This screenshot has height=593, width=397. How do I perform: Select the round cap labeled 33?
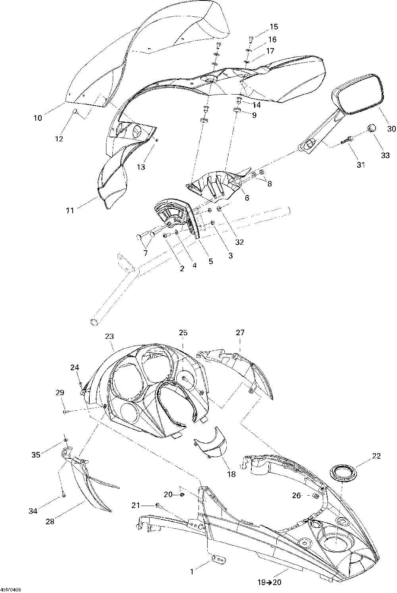pyautogui.click(x=372, y=128)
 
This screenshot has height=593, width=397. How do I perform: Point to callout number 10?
pyautogui.click(x=38, y=118)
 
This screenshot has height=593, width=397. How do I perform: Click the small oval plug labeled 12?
pyautogui.click(x=75, y=112)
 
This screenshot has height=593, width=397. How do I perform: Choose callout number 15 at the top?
pyautogui.click(x=274, y=27)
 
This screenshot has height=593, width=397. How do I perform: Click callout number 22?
pyautogui.click(x=376, y=456)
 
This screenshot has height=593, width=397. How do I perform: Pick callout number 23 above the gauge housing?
pyautogui.click(x=110, y=336)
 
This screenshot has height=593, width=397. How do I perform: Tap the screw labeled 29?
pyautogui.click(x=66, y=412)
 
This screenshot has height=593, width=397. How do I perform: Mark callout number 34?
pyautogui.click(x=33, y=511)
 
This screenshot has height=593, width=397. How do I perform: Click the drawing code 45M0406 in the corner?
pyautogui.click(x=11, y=589)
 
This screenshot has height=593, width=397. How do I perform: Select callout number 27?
pyautogui.click(x=241, y=333)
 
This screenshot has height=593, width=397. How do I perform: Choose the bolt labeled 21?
pyautogui.click(x=158, y=505)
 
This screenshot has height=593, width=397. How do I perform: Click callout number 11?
pyautogui.click(x=70, y=211)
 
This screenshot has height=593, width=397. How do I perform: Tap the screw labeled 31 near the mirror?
pyautogui.click(x=347, y=139)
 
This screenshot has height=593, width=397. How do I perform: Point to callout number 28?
pyautogui.click(x=50, y=522)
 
